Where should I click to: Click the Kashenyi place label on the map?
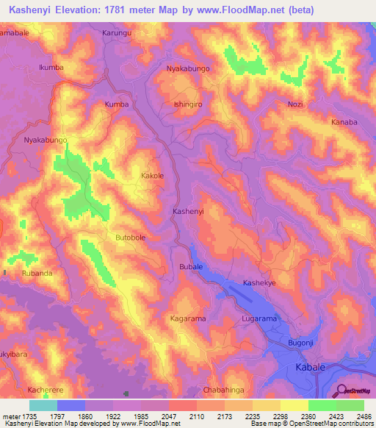[x=187, y=211]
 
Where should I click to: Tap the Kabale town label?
[x=309, y=366]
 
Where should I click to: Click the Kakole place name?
[x=152, y=176]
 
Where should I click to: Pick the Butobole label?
[x=131, y=238]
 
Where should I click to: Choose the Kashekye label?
[x=260, y=283]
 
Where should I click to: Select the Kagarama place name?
[x=187, y=318]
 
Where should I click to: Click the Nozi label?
[x=295, y=104]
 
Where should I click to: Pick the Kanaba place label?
[x=344, y=122]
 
